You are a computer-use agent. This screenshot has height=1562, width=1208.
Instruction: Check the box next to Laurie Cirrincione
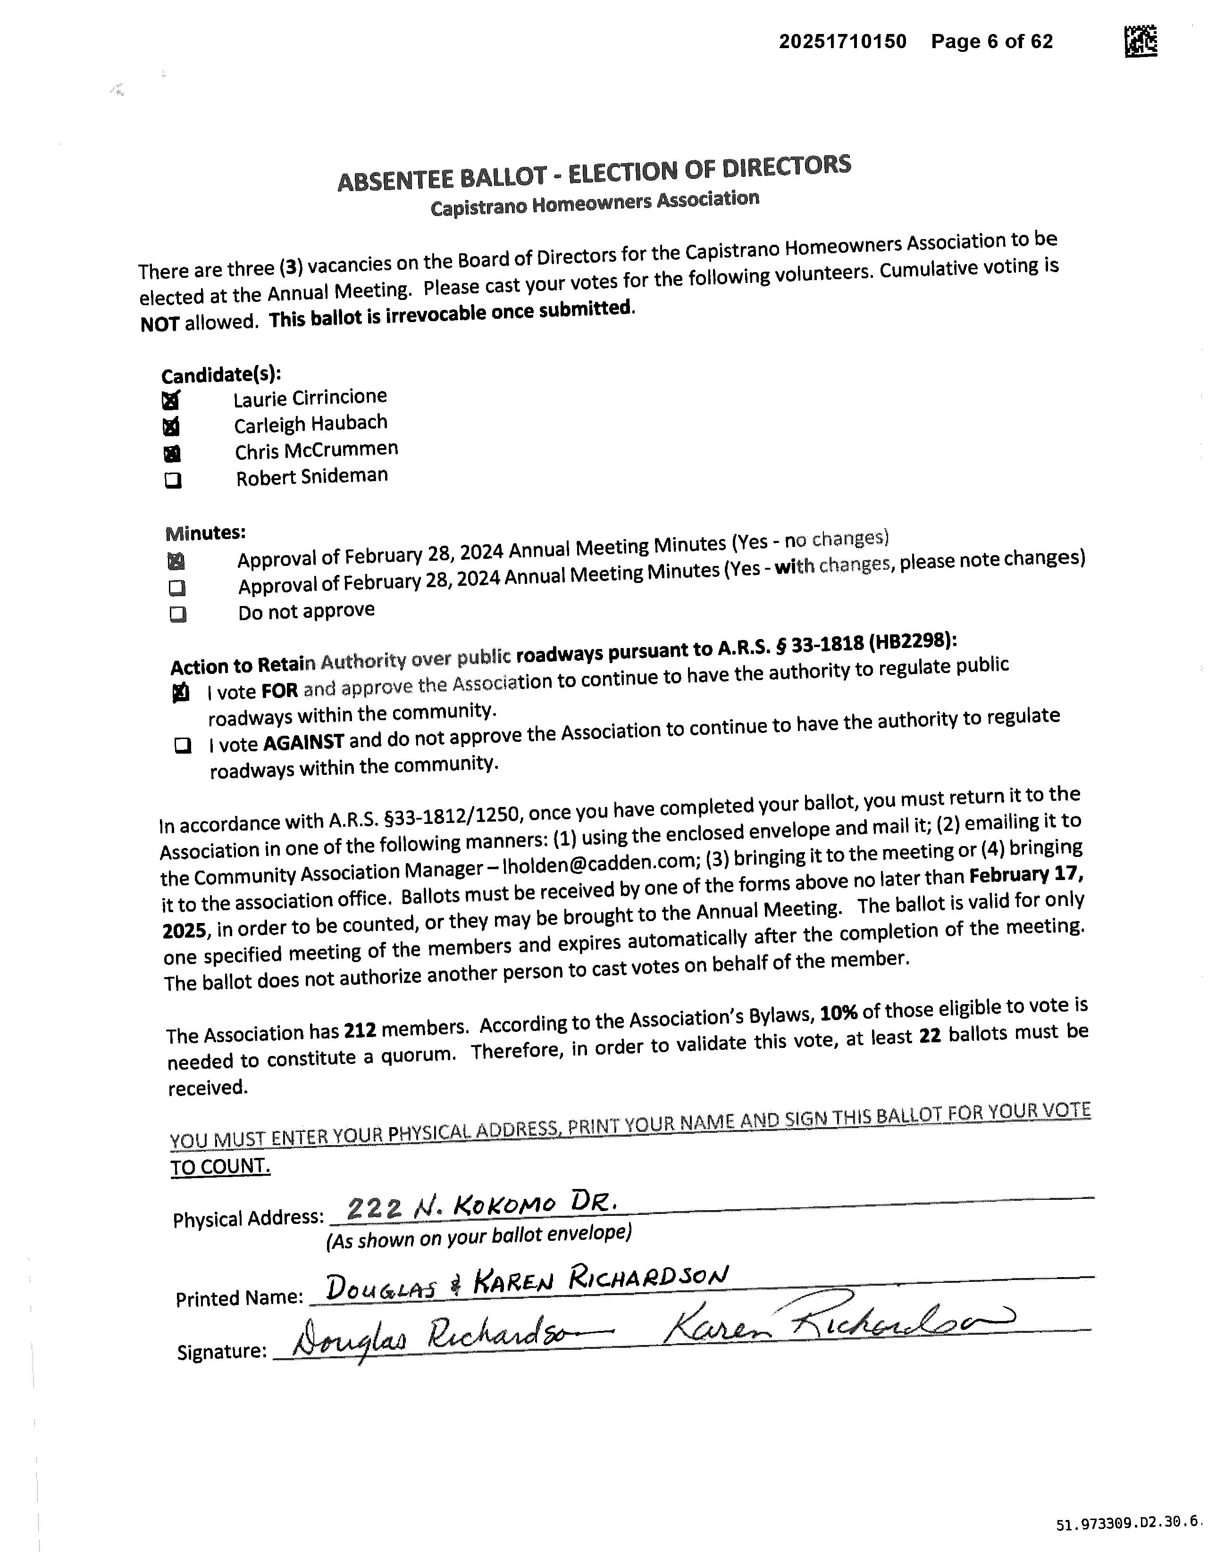pos(171,400)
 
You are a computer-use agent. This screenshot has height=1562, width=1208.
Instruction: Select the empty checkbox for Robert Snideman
pos(173,481)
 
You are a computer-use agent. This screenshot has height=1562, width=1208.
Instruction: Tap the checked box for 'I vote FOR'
pos(181,693)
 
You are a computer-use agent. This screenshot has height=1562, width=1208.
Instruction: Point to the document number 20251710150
pos(842,42)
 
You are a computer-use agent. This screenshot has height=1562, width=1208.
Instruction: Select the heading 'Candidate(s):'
pos(221,375)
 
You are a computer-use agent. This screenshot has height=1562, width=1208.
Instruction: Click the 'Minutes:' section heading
pos(205,533)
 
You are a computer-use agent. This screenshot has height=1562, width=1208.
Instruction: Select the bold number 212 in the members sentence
pos(360,1030)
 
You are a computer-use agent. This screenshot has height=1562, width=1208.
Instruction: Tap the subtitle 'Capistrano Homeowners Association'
pos(594,202)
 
